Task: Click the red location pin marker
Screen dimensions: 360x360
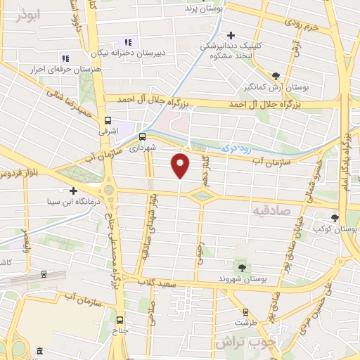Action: point(181,165)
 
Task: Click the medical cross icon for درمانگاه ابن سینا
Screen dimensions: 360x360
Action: point(72,190)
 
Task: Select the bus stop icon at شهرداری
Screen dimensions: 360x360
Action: point(142,136)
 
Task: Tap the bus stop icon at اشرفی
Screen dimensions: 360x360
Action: point(108,120)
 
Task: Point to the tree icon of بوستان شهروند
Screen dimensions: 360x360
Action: point(243,267)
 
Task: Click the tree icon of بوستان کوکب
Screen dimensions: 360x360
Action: point(335,218)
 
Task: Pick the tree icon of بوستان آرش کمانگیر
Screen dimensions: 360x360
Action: point(276,77)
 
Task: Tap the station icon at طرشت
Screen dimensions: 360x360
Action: point(245,311)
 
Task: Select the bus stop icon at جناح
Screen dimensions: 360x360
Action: point(120,317)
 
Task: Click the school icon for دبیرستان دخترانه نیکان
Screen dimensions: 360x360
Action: point(127,42)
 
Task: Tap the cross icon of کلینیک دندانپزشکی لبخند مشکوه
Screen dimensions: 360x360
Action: point(231,34)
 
